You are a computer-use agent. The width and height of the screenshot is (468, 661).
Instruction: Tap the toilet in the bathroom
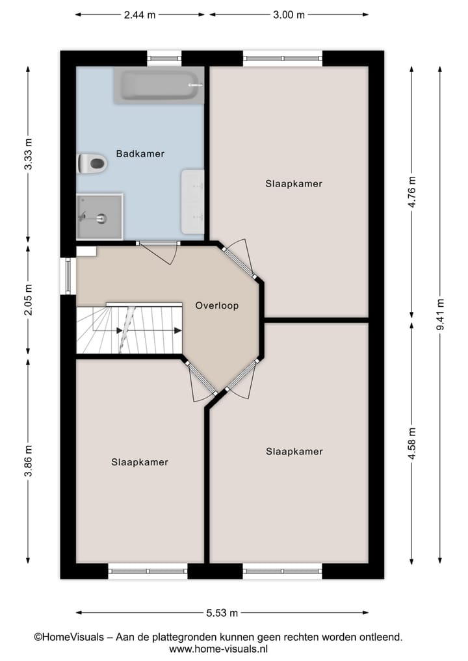[92, 163]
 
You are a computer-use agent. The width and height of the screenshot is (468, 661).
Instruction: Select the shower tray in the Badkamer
[99, 216]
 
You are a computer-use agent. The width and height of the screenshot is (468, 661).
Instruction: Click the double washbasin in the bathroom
[192, 201]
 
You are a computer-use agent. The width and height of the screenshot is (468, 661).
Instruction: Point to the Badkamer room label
[140, 154]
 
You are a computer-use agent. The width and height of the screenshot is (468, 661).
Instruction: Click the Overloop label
[217, 305]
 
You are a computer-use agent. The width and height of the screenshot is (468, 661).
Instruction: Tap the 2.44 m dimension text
[140, 15]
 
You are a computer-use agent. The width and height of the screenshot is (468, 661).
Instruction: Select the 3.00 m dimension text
[289, 15]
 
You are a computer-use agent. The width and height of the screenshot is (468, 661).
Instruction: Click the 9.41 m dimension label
[441, 315]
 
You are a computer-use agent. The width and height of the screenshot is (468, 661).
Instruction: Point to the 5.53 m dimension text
[222, 612]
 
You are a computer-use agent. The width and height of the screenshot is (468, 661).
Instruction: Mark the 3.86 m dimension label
[28, 461]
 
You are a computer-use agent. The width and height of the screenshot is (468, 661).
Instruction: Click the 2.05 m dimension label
[28, 301]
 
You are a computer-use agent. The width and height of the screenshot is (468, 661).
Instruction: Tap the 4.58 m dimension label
[411, 443]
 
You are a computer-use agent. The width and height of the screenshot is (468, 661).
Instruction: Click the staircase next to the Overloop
[130, 330]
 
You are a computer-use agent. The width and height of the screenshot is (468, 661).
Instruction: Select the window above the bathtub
[164, 58]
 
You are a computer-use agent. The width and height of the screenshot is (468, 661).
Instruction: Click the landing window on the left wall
[68, 276]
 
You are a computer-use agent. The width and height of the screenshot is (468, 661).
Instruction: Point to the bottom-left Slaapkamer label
[140, 462]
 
